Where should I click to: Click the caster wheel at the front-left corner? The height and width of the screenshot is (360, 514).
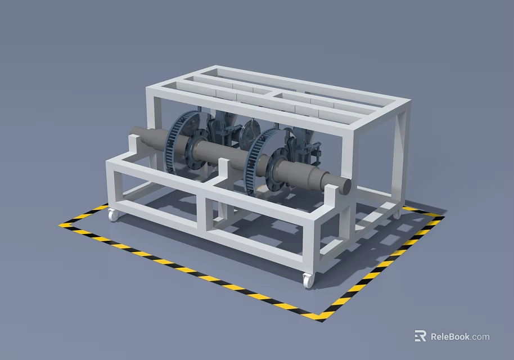(x=113, y=214)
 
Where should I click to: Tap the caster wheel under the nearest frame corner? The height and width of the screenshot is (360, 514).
(x=307, y=280)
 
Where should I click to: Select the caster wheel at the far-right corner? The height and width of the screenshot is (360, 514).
(x=396, y=214)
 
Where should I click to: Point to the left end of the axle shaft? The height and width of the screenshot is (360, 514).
(x=135, y=137)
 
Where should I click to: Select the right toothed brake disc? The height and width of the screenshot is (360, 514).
(x=257, y=161)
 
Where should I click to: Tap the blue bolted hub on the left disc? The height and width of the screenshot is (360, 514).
(x=197, y=148)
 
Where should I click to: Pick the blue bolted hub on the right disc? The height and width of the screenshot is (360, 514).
(x=277, y=167)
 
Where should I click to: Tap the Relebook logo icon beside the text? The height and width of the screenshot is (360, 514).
(x=420, y=336)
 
